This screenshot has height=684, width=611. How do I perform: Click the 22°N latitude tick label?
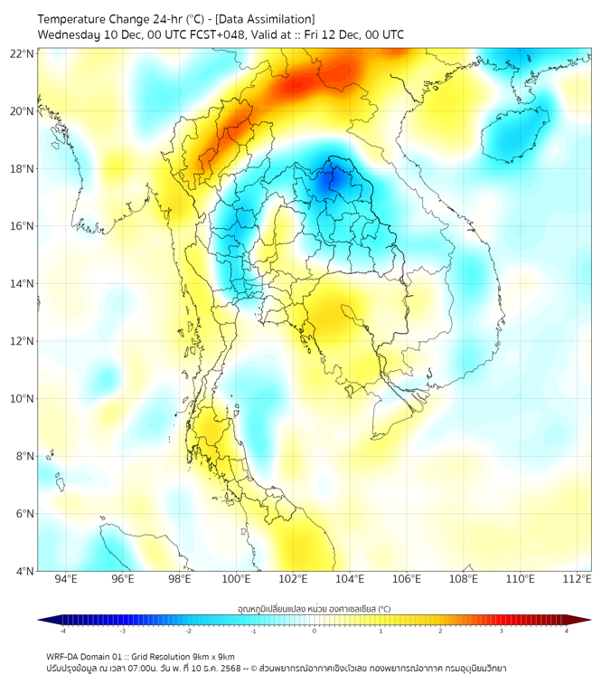coord(23,53)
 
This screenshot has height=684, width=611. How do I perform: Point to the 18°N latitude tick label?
coord(23,168)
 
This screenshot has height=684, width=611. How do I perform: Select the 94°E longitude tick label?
coord(66,579)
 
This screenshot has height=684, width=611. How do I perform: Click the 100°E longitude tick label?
coord(236,579)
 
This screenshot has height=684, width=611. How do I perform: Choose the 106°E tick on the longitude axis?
coord(407,579)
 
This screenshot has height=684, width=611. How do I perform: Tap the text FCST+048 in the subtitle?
coord(210,34)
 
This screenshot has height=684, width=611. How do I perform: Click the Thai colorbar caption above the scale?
coord(314,609)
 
